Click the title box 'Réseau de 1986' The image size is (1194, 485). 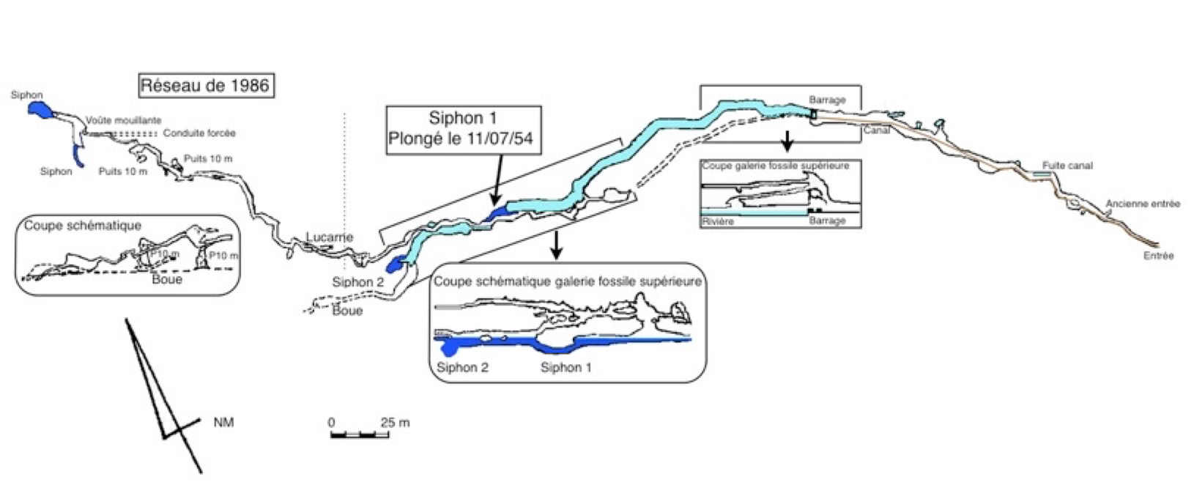tap(205, 86)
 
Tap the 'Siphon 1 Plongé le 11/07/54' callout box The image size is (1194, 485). tap(464, 129)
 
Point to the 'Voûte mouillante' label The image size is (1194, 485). tap(123, 120)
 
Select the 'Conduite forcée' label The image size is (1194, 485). tap(199, 133)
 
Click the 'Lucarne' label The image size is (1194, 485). tap(330, 237)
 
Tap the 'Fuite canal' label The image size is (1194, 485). tap(1067, 166)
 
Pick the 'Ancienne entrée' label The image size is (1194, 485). tap(1143, 204)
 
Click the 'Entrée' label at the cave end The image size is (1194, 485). tap(1158, 256)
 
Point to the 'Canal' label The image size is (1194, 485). tap(877, 130)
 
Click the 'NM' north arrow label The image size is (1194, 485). tap(223, 423)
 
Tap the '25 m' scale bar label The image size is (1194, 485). tap(395, 423)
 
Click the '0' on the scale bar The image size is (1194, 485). tap(331, 423)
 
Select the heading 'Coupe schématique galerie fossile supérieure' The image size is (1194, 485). tap(567, 281)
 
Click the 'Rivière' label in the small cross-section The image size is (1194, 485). tap(717, 221)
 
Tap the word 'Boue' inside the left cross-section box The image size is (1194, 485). tap(167, 279)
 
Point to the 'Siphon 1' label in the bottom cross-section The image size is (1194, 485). tap(566, 367)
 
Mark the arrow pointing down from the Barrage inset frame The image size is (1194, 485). tap(787, 141)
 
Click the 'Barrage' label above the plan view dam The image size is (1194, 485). tap(827, 100)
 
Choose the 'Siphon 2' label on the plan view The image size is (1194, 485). tap(357, 282)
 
